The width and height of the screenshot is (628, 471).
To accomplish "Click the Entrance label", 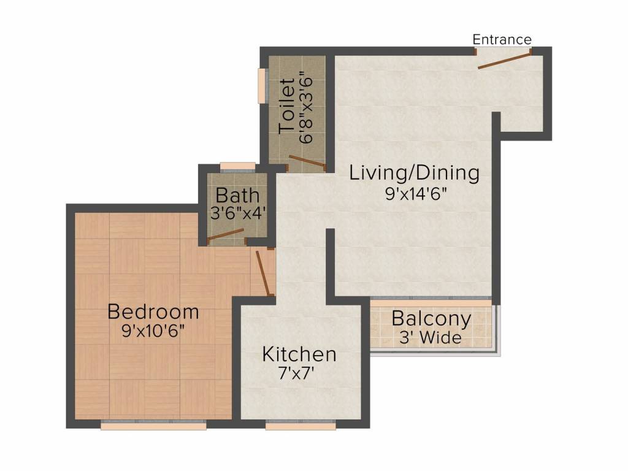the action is pos(502,39).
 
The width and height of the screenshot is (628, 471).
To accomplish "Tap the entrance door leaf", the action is pos(505,59).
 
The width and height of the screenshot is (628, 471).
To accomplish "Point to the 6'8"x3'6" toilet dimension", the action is pos(305,107).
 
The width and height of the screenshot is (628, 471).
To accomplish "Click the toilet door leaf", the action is pos(307,161).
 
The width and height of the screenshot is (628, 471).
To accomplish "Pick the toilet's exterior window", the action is pos(262,86).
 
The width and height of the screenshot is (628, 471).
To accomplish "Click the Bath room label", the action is pos(238,196).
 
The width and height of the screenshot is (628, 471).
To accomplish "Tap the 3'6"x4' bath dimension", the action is pos(238,213).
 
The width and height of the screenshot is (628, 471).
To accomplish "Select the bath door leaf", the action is pos(226,235).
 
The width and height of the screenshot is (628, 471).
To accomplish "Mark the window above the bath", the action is pos(237,166).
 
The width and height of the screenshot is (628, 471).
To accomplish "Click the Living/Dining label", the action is pos(414,173).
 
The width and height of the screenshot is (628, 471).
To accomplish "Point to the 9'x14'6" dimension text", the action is pos(416,194).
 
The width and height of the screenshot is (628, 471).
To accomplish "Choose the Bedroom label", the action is pos(153,312).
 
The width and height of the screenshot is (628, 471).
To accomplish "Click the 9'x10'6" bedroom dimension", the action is pos(153,331).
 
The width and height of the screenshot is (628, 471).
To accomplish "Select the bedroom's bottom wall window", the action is pos(153,425).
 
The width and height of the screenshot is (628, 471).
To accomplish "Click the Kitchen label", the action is pos(299,354).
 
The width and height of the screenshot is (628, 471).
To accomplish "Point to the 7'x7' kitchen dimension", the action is pos(296,373).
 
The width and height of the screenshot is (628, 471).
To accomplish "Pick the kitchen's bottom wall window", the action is pos(301,425).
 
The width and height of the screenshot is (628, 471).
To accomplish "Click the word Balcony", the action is pos(431,319).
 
